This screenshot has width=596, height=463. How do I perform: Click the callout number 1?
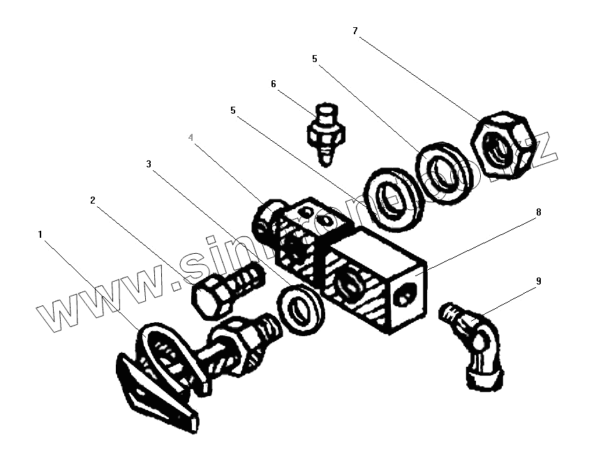pos(40,235)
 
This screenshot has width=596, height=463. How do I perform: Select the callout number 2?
pos(93,200)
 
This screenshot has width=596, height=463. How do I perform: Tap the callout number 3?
pos(148,165)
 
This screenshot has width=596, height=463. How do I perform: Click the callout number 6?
pos(274,84)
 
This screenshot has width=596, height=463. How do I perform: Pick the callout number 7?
pos(355,31)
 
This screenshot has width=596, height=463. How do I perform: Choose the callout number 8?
pos(537,212)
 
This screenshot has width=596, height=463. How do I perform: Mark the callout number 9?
pos(537,282)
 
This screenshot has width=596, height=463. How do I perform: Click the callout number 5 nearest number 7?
pos(315,60)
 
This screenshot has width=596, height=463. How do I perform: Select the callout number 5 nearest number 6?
pos(233,111)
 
